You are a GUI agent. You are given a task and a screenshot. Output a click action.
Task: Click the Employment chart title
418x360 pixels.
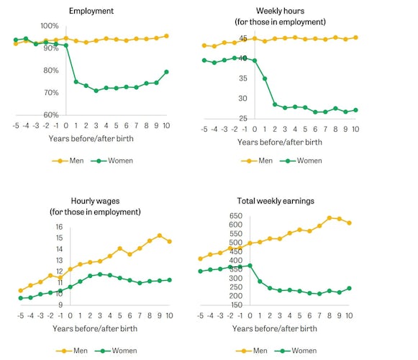click(x=91, y=11)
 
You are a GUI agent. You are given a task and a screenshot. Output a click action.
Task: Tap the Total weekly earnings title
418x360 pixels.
click(x=276, y=201)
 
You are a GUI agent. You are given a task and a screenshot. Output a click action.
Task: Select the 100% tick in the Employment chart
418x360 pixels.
click(x=50, y=26)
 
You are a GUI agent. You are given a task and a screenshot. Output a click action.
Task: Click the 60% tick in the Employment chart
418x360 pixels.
click(x=51, y=115)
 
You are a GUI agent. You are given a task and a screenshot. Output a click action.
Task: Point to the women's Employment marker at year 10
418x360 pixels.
click(x=166, y=72)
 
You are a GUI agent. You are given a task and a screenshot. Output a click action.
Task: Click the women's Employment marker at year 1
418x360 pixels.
click(x=76, y=81)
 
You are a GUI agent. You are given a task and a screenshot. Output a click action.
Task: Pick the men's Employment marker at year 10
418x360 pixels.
click(x=166, y=36)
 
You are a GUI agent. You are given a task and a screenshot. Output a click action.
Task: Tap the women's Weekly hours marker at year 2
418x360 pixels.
click(x=275, y=104)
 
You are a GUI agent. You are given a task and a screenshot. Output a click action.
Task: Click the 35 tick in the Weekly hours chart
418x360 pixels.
click(x=243, y=78)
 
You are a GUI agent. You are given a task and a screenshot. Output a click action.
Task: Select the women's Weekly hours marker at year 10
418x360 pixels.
click(x=355, y=110)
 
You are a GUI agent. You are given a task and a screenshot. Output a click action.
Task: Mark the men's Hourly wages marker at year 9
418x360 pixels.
click(x=160, y=235)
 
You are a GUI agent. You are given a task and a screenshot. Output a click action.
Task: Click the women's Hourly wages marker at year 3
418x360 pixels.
click(x=100, y=274)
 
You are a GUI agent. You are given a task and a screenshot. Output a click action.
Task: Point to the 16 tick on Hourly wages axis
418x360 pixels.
click(x=59, y=227)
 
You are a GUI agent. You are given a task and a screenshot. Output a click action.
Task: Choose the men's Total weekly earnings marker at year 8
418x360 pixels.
click(x=330, y=218)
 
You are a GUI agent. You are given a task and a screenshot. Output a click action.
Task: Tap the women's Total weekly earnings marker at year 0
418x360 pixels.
click(x=250, y=266)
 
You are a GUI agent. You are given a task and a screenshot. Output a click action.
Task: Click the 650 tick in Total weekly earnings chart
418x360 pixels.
click(x=236, y=215)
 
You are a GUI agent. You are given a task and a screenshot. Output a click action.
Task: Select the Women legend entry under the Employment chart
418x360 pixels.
click(x=112, y=161)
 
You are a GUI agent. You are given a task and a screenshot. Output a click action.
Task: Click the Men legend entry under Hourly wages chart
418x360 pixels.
click(x=72, y=351)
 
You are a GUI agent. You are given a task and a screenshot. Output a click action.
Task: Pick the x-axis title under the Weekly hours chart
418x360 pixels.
click(x=280, y=142)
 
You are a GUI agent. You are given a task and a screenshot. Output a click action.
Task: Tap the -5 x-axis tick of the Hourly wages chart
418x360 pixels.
click(x=21, y=315)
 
